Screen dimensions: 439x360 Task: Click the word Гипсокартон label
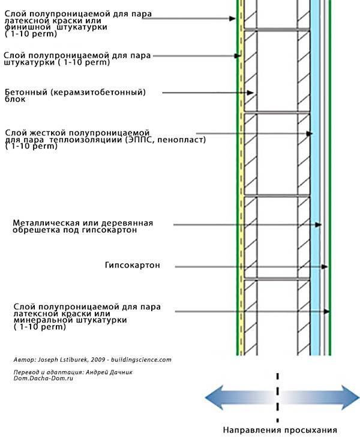(x=132, y=265)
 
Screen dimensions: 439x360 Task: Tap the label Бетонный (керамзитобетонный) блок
(x=75, y=95)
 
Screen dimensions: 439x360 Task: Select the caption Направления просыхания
(x=280, y=430)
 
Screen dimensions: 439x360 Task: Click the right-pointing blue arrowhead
(x=350, y=396)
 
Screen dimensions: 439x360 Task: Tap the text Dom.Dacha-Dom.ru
(x=43, y=380)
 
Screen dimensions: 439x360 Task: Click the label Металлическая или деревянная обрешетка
(x=83, y=226)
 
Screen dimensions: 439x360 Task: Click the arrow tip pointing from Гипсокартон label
(x=328, y=266)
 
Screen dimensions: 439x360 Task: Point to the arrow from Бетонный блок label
(x=210, y=92)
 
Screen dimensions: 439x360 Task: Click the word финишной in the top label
(x=30, y=28)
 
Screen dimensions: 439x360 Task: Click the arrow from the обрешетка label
(x=246, y=225)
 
